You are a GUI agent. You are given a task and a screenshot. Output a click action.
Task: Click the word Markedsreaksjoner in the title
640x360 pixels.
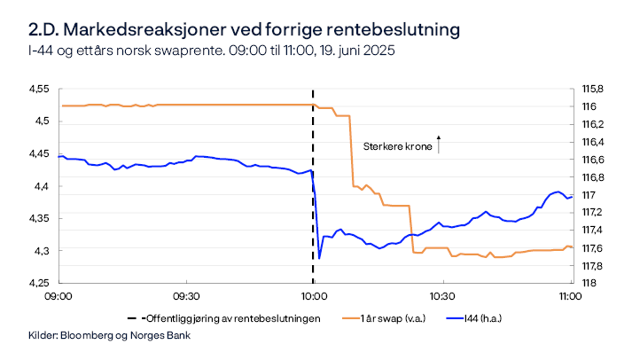(x=141, y=29)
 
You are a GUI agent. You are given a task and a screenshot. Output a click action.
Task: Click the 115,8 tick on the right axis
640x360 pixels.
(x=592, y=89)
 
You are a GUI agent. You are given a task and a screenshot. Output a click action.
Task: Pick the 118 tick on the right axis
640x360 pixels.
(x=587, y=283)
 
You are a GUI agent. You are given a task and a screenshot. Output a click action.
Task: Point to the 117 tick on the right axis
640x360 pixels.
(x=587, y=195)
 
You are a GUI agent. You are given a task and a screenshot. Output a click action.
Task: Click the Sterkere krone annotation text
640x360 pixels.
(x=397, y=147)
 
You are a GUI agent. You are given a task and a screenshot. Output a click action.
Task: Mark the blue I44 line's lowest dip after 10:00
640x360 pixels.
(x=319, y=257)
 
